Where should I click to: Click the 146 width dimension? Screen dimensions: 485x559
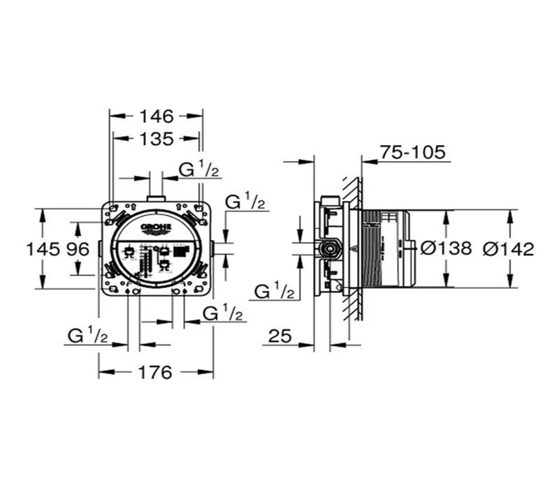(156, 116)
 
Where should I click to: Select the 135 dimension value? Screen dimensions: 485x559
(156, 139)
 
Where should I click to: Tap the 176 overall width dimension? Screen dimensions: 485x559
(155, 373)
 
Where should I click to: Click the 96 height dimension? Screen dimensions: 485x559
(79, 248)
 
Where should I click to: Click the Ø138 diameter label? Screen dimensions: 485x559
(447, 248)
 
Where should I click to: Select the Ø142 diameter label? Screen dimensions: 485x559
(509, 248)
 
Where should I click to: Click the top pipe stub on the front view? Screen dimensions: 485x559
(156, 200)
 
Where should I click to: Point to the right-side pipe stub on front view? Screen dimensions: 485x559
(212, 248)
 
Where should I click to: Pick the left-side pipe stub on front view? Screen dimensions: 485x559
(100, 248)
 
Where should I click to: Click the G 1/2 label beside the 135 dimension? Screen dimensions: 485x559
(199, 170)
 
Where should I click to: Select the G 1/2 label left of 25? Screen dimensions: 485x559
(274, 292)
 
